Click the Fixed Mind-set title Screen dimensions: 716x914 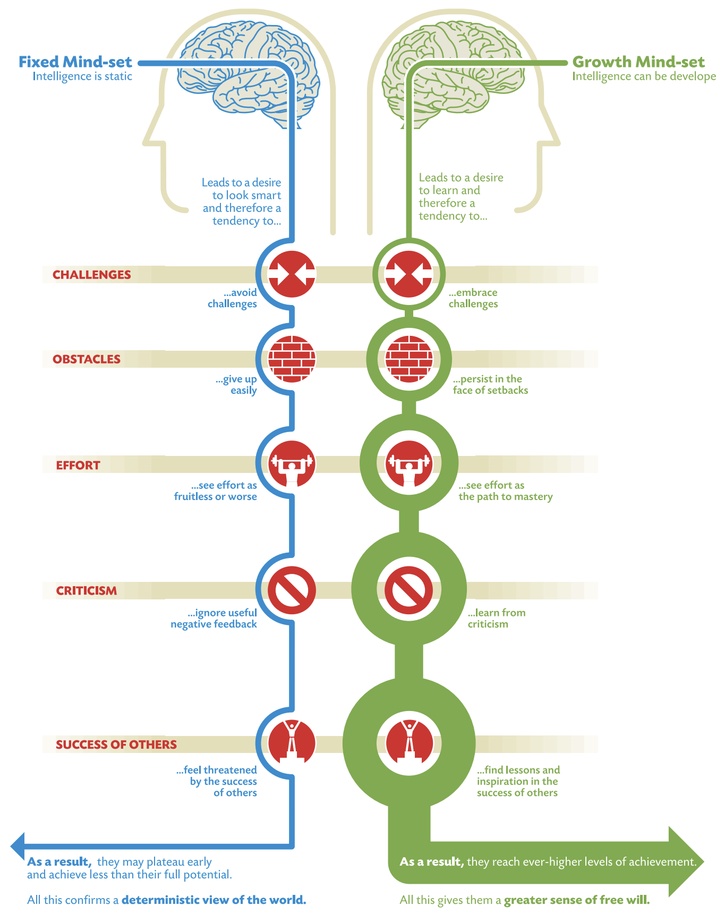click(75, 62)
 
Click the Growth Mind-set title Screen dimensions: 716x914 click(638, 62)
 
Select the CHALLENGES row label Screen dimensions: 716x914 click(91, 275)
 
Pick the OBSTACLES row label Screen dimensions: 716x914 click(87, 359)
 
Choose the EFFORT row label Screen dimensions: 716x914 click(78, 466)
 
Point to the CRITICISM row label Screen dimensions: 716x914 click(87, 591)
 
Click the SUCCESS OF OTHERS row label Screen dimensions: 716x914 click(116, 744)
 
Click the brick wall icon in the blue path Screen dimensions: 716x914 click(292, 359)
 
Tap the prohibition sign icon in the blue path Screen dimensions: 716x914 click(292, 590)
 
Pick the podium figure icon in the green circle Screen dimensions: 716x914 click(409, 742)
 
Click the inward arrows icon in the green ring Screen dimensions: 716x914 click(409, 274)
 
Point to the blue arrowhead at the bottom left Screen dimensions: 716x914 click(18, 846)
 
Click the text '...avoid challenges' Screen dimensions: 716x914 click(233, 298)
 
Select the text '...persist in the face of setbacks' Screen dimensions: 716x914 click(490, 385)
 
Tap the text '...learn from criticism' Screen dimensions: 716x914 click(497, 618)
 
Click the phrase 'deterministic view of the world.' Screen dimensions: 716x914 click(214, 900)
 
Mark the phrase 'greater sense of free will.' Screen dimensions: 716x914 click(577, 900)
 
